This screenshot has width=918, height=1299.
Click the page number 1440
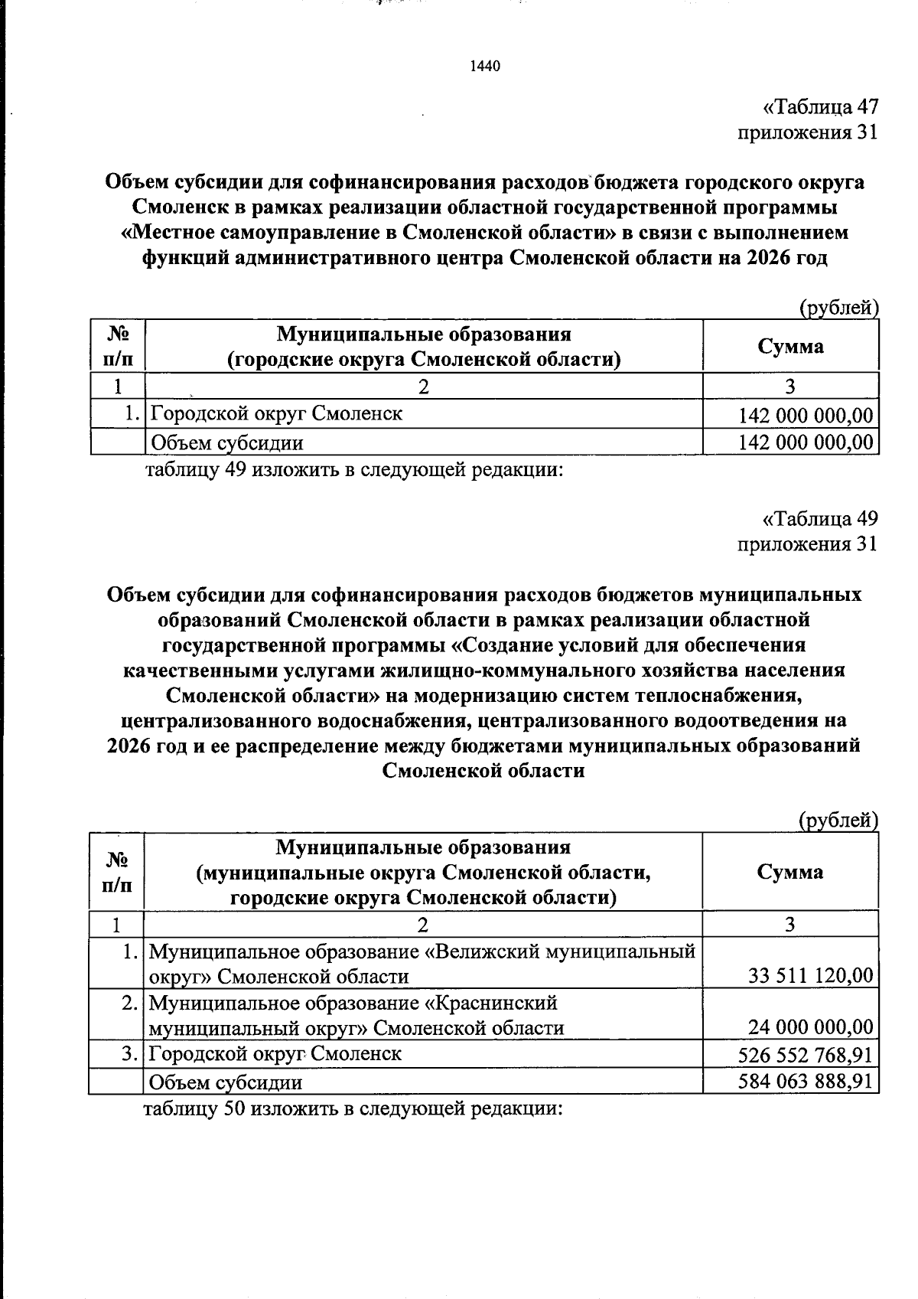click(x=484, y=67)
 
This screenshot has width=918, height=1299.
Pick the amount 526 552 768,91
click(x=805, y=1055)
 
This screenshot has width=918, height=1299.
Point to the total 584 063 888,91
click(x=805, y=1081)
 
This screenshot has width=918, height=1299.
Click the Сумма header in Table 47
click(x=790, y=347)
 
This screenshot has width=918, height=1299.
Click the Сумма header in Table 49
click(x=789, y=872)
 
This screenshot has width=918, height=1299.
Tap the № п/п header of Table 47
click(x=117, y=347)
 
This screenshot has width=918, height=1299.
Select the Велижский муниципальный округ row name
click(x=422, y=964)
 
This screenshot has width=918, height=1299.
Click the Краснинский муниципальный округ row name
click(x=356, y=1015)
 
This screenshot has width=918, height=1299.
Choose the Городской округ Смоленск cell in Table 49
click(x=275, y=1054)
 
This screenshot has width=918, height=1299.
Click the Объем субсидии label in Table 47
click(x=227, y=442)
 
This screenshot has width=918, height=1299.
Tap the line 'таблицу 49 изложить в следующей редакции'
click(x=353, y=469)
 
